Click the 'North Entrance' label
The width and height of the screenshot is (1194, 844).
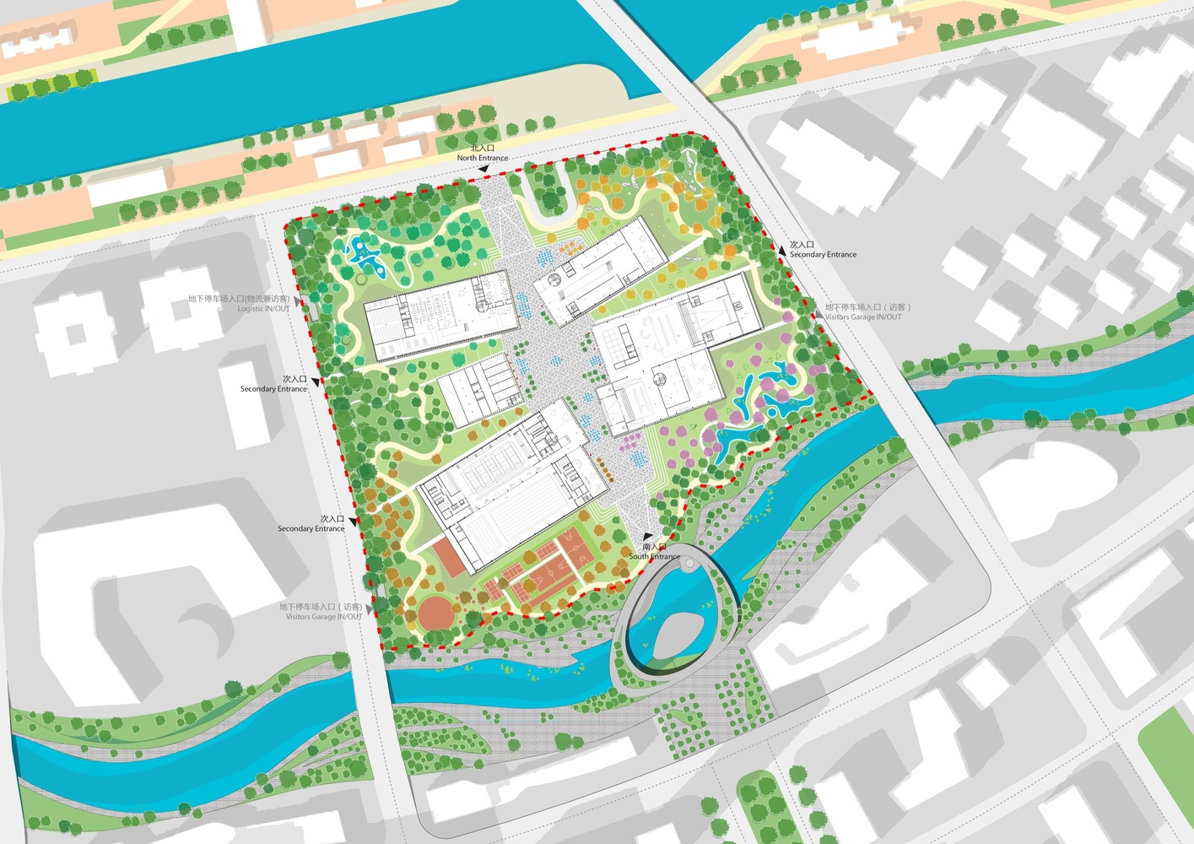(483, 158)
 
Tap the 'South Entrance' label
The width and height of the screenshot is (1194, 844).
(654, 556)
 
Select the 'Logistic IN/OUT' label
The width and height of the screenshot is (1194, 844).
(263, 309)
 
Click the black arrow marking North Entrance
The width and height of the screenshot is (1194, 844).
(484, 169)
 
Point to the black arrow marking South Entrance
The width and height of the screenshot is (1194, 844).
(647, 536)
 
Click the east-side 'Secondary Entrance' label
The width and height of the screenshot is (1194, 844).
(823, 254)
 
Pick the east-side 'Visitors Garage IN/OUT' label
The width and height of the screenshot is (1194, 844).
(862, 317)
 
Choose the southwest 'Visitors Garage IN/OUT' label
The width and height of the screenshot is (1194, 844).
(324, 617)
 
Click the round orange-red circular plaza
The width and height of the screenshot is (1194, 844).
(434, 613)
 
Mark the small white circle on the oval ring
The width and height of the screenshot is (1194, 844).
(690, 564)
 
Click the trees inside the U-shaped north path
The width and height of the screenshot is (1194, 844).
(552, 199)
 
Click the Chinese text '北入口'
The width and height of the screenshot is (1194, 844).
(483, 149)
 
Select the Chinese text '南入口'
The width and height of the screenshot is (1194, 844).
(653, 547)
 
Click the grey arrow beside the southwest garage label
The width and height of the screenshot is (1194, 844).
(370, 607)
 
